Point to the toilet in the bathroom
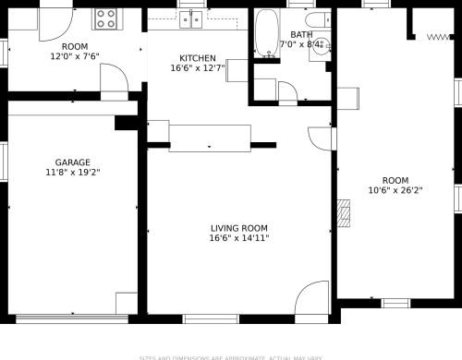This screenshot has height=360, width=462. tap(317, 22)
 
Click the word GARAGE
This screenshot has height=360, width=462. tap(72, 162)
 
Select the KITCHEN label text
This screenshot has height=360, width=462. tap(198, 57)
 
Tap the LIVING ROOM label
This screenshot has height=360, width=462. tap(238, 228)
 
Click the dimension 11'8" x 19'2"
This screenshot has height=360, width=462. tap(72, 173)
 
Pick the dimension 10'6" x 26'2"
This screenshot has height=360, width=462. tap(395, 191)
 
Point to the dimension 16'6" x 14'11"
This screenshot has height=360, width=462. tap(238, 238)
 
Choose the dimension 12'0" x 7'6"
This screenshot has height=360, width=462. tap(74, 56)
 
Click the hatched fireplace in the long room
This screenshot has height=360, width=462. tap(345, 215)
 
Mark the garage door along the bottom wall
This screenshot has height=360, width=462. tap(71, 319)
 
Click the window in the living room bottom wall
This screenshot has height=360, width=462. tap(211, 319)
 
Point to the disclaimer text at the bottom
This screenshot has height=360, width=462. tap(231, 356)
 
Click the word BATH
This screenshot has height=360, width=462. tap(301, 34)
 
